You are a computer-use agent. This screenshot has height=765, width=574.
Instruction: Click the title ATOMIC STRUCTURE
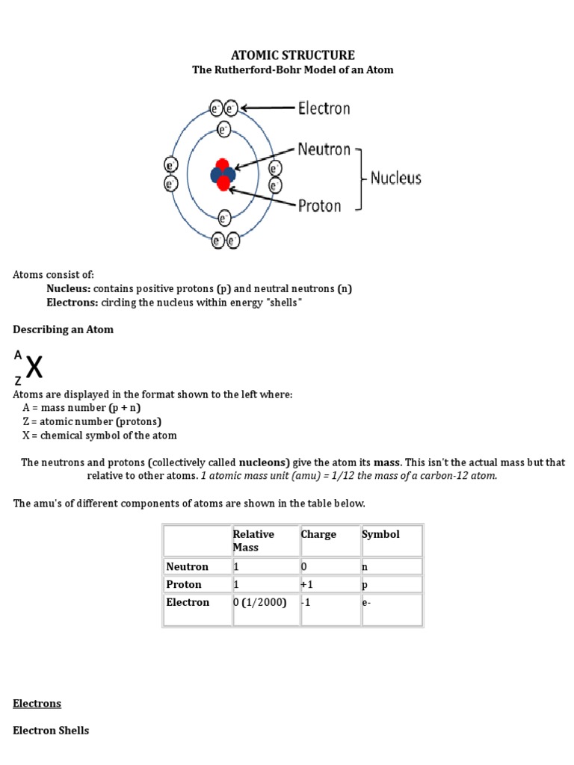pos(292,55)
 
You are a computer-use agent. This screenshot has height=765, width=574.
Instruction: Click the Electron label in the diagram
pos(324,108)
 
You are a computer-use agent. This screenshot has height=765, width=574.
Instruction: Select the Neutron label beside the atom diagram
pos(324,149)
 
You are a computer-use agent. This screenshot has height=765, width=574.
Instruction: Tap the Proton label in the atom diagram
pos(319,205)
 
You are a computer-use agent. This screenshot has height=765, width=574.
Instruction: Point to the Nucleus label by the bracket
pos(395,178)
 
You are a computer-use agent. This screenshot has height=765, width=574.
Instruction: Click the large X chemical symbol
pos(34,368)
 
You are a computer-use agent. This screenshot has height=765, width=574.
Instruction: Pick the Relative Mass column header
pos(253,540)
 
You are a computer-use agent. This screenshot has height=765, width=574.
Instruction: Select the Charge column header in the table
pos(318,534)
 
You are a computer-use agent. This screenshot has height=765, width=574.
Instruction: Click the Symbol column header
pos(380,534)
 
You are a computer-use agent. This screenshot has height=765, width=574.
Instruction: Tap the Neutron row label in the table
pos(187,566)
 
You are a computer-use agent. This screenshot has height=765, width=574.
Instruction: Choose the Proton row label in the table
pos(184,584)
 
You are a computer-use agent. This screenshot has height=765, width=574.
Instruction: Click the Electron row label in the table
pos(188,602)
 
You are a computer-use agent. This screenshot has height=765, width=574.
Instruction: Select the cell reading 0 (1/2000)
pos(259,602)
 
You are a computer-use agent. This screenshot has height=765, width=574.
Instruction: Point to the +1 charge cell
pos(307,584)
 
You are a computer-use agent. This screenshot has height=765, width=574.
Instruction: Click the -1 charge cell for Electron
pos(306,602)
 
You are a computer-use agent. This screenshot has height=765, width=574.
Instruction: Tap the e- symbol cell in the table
pos(366,602)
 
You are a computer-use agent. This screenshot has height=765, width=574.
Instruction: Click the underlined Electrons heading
pos(37,703)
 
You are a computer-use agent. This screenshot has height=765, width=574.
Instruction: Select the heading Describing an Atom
pos(63,329)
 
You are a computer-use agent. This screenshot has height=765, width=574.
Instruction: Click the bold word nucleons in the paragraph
pos(264,462)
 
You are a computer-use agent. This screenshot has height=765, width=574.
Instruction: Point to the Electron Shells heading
pos(51,730)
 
